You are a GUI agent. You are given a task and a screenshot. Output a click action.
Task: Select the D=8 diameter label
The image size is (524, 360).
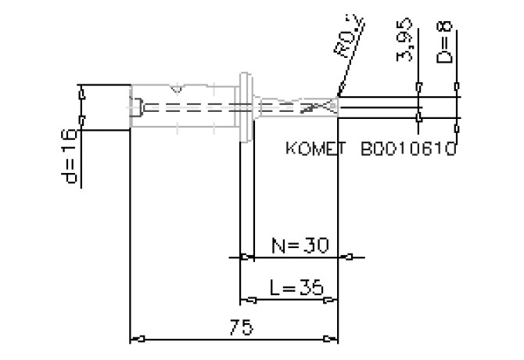pos(445,43)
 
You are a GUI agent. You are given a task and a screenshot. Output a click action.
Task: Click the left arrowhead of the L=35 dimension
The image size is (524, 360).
pos(245,300)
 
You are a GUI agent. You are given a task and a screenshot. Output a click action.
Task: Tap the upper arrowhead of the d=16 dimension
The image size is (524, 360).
pos(81,95)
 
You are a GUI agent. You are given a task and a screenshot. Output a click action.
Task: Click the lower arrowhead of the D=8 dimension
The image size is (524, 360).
pos(458,118)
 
